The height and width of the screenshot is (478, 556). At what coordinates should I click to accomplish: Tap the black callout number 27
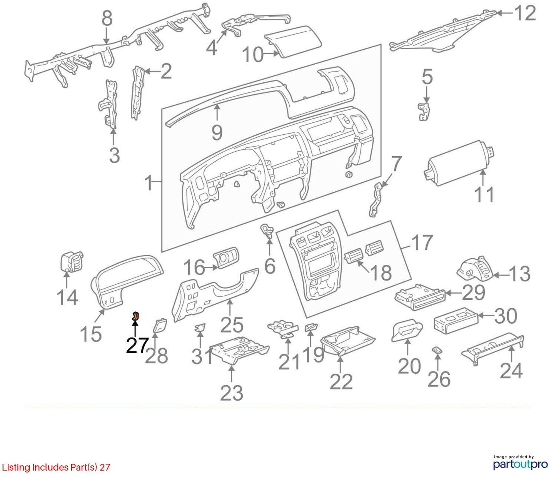tap(137, 345)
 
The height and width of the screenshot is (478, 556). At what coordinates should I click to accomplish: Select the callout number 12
tap(525, 13)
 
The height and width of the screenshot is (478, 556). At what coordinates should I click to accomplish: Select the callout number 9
tap(217, 132)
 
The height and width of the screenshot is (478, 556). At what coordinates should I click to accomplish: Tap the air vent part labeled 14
tap(71, 261)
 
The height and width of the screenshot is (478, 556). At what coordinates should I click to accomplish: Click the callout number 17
tap(421, 242)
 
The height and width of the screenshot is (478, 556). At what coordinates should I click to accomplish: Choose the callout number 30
tap(506, 316)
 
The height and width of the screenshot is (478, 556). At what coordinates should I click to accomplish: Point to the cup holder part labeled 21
tap(283, 328)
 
